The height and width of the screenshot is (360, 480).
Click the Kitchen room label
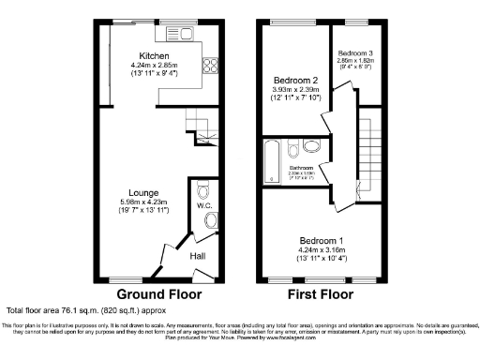tap(154, 55)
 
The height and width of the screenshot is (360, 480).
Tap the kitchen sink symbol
tap(178, 36)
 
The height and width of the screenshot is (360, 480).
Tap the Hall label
tap(199, 255)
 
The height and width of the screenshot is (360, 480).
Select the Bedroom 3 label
tap(356, 53)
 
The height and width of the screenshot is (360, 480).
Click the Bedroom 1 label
tap(322, 240)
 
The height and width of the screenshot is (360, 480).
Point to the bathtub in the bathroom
tap(272, 159)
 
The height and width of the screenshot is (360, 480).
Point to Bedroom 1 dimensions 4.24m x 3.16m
tap(322, 249)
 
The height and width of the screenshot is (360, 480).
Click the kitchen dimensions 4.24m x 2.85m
tap(154, 65)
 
